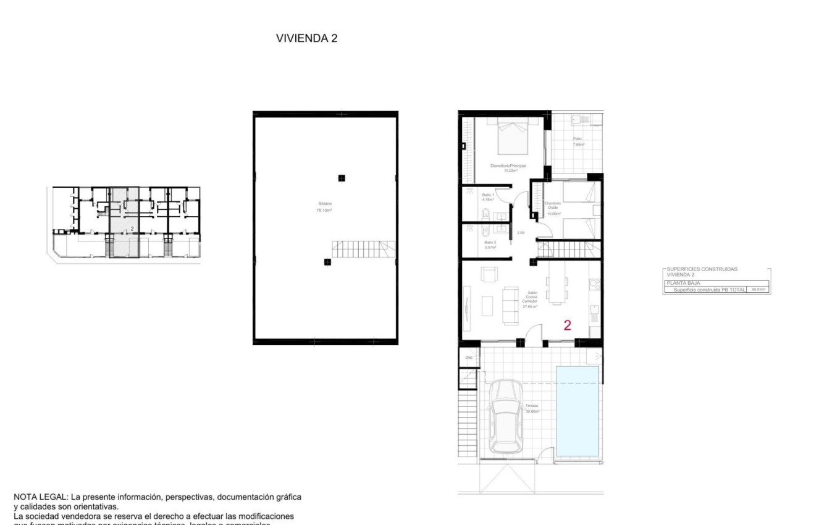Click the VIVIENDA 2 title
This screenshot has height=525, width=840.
click(x=306, y=38)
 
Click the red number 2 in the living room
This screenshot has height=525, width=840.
click(x=568, y=325)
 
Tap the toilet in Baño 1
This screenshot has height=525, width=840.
click(x=485, y=214)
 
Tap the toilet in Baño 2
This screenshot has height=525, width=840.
click(x=485, y=232)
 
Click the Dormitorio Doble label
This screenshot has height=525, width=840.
click(x=553, y=208)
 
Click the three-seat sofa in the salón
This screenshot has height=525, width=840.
click(x=511, y=306)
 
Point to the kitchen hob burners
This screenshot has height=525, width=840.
click(x=595, y=285)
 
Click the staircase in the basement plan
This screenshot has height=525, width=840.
click(x=363, y=250)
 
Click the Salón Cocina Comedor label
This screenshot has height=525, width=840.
click(x=531, y=300)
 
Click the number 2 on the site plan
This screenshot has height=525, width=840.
click(x=132, y=229)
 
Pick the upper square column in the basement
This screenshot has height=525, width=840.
click(x=341, y=178)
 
